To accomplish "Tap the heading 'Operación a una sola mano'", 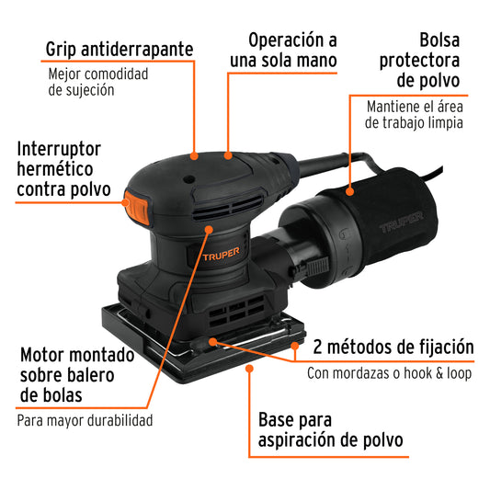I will tap(292, 51).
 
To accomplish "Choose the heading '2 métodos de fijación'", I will tap(393, 348).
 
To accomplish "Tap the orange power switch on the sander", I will tap(138, 207).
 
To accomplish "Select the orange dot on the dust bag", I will tap(350, 191).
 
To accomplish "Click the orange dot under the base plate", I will tap(250, 370).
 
